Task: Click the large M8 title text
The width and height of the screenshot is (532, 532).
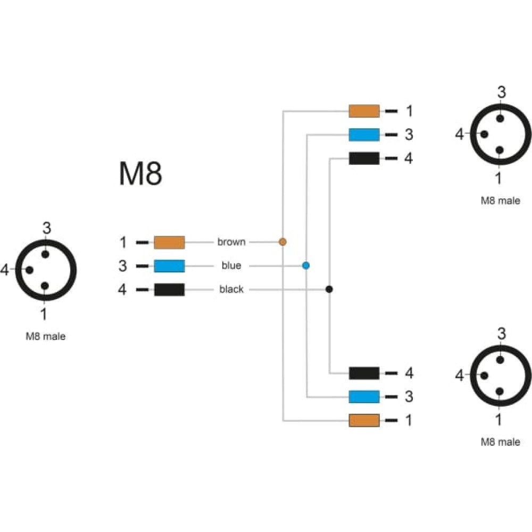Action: [x=140, y=173]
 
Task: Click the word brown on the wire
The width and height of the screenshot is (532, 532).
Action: [x=231, y=242]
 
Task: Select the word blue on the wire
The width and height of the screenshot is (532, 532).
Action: [x=231, y=265]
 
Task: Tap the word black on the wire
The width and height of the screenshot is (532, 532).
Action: [x=231, y=289]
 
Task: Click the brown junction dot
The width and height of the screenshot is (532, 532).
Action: [x=282, y=242]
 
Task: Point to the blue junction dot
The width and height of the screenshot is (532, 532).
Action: [x=306, y=265]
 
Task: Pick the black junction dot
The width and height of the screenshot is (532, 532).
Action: [x=329, y=289]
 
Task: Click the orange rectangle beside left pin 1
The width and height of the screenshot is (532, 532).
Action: [x=169, y=243]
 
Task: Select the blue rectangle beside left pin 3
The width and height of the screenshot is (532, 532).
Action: [x=169, y=266]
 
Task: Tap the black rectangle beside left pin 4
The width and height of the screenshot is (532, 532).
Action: [x=169, y=290]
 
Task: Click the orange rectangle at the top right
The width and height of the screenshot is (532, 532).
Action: [x=364, y=111]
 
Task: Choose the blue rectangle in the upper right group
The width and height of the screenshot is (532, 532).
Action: [x=364, y=135]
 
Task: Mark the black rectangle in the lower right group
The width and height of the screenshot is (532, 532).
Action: [x=364, y=373]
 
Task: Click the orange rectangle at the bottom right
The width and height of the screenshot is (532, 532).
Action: [x=364, y=420]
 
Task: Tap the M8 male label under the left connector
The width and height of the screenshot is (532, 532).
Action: [x=46, y=336]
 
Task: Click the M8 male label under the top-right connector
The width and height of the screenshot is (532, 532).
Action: [x=501, y=201]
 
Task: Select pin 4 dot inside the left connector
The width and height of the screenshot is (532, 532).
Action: [x=29, y=270]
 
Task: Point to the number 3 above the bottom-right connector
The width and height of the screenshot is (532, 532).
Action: [x=502, y=334]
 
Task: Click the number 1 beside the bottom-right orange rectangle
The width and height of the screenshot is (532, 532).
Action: [x=409, y=420]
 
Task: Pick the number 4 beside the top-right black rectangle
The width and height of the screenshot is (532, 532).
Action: [x=409, y=158]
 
